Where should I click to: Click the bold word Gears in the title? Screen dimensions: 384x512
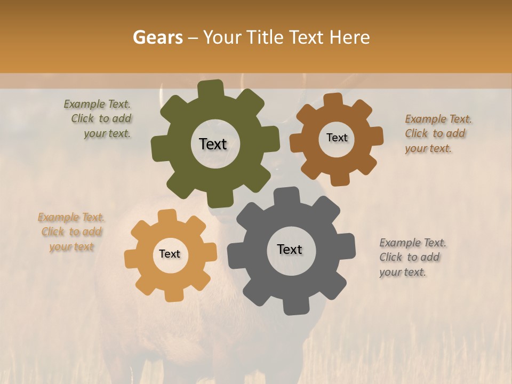click(x=157, y=37)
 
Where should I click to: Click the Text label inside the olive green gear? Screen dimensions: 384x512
click(x=213, y=144)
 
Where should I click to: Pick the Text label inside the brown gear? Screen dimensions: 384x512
click(x=337, y=138)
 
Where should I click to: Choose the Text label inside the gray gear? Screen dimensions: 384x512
click(x=290, y=249)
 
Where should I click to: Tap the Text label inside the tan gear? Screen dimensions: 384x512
click(x=170, y=254)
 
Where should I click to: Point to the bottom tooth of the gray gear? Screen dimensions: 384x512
click(x=293, y=306)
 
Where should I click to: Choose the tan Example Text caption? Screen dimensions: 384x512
click(x=71, y=232)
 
